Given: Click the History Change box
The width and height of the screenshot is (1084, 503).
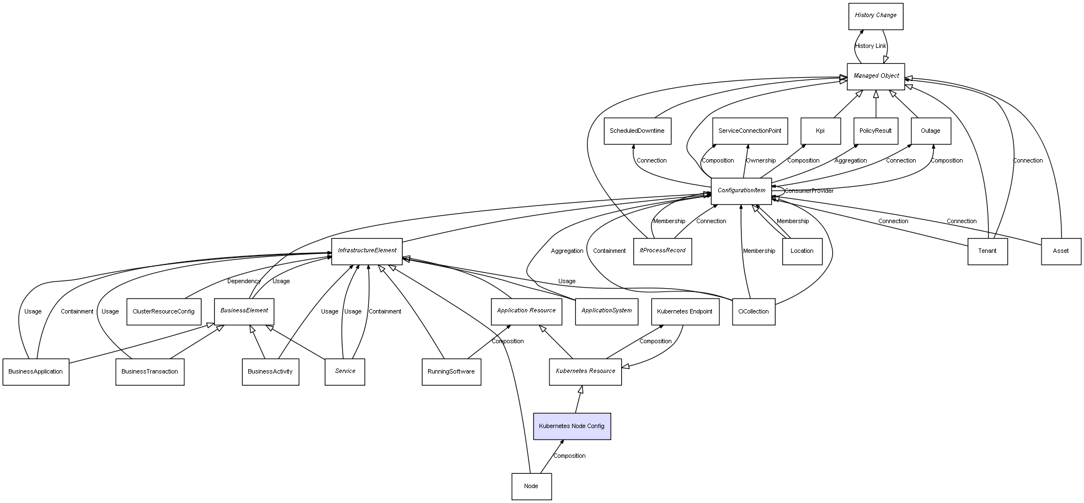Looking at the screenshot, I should (x=875, y=16).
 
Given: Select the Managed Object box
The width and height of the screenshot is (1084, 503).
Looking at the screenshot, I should (x=876, y=76).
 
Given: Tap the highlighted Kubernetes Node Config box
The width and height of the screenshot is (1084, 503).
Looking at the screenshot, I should (x=572, y=426).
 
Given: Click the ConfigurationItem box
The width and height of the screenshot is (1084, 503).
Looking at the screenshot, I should (x=741, y=191).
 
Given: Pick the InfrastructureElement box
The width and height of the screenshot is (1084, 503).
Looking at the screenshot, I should (x=367, y=251).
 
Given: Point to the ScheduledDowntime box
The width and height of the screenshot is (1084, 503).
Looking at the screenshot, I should (x=637, y=131).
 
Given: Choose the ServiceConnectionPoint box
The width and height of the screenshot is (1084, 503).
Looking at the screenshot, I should (x=750, y=131).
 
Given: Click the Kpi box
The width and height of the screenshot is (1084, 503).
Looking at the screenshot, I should (x=820, y=131).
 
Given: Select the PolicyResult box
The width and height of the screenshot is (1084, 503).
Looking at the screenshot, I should (x=875, y=131).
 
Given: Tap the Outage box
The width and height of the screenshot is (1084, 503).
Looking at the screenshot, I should (x=931, y=131).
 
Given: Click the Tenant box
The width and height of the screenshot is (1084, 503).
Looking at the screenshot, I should (x=987, y=251).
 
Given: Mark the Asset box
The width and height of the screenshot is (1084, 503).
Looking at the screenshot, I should (x=1061, y=251).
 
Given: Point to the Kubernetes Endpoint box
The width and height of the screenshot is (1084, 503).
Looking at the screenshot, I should (x=685, y=312).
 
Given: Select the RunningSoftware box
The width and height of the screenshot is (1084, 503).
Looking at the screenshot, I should (x=451, y=372).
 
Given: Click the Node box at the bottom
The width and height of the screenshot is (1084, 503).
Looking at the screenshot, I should (x=531, y=486).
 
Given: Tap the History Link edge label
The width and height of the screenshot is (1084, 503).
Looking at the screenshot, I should (x=871, y=46).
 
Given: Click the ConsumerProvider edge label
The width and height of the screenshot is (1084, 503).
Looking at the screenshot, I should (x=809, y=191).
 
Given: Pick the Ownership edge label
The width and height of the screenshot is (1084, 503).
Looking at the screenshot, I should (x=761, y=161).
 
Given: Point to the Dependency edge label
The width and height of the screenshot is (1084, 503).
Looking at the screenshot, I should (x=244, y=282).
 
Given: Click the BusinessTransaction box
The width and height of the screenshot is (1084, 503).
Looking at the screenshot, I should (x=149, y=372).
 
